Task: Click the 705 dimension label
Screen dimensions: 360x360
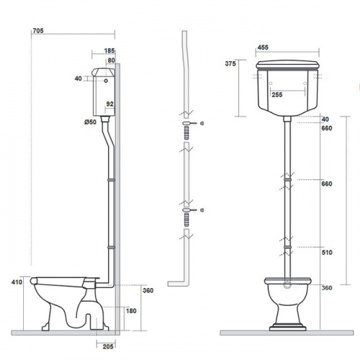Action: (38, 31)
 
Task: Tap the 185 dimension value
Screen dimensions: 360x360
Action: (109, 50)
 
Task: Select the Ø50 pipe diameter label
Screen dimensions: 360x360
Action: (90, 122)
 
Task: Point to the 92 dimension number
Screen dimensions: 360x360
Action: (110, 104)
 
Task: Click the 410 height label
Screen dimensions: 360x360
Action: (17, 282)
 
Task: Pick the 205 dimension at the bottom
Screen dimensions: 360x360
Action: (108, 346)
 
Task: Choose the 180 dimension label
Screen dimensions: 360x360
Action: (131, 311)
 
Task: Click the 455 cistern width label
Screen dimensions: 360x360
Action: (263, 48)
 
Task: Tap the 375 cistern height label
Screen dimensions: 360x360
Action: (230, 63)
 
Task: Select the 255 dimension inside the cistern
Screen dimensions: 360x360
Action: (277, 94)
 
